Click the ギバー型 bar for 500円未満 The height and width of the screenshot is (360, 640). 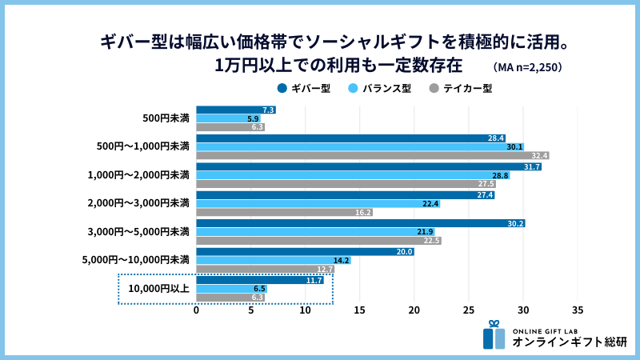pos(236,110)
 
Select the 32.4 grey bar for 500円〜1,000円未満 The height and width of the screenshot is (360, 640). pos(373,156)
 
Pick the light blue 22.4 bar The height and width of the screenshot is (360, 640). pos(318,204)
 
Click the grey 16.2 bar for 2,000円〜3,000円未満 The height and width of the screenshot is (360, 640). pos(284,213)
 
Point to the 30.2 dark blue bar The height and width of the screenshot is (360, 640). pos(360,223)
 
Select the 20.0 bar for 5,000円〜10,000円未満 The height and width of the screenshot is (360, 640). pos(305,251)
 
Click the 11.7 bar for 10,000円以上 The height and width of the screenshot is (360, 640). pos(260,280)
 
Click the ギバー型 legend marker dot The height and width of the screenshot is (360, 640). pos(282,88)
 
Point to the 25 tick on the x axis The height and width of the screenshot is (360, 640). pos(469,310)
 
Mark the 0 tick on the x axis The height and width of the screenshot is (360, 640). pos(197,310)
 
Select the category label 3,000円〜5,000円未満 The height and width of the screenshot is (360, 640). pos(138,232)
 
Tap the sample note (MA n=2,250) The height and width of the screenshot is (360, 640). pos(528,67)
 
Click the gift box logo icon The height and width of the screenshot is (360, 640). pos(494,335)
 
